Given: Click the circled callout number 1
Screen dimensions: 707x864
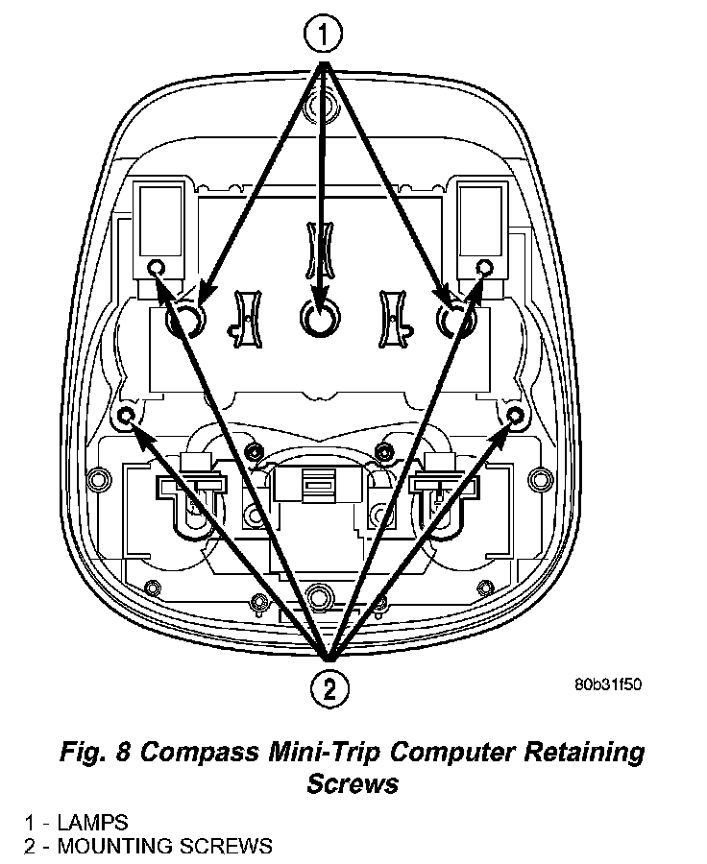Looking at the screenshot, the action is [323, 35].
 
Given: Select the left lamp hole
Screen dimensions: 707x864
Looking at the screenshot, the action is [184, 320].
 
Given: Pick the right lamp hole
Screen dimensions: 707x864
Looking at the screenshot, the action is [454, 320].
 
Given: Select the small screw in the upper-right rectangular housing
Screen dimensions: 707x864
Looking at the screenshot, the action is [485, 266].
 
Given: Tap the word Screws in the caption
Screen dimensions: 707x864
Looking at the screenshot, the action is [353, 783].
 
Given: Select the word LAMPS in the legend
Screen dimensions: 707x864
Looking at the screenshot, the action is [92, 823].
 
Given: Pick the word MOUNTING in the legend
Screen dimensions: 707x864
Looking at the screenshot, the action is [120, 846].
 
